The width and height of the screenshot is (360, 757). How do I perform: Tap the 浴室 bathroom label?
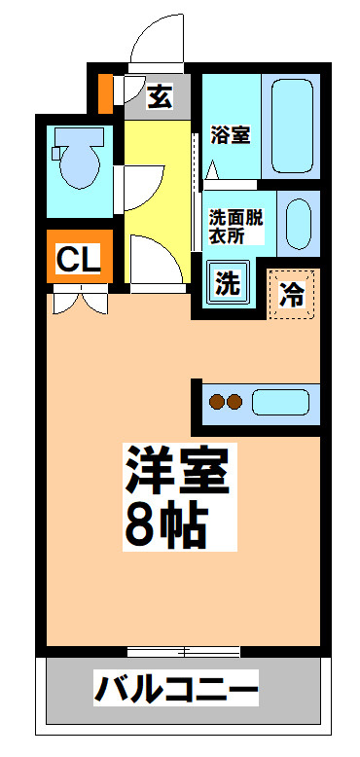point(231,134)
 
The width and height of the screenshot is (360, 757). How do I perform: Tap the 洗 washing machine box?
point(227,284)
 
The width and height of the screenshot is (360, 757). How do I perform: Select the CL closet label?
point(78,259)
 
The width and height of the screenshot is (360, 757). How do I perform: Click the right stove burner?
point(234,400)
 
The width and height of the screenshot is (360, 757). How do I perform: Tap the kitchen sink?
point(280,400)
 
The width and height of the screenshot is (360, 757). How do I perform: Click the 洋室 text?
point(175,472)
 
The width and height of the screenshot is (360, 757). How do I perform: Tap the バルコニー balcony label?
point(177,690)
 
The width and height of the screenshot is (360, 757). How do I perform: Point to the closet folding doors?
point(78,301)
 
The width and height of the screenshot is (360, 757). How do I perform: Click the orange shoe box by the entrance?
point(105,90)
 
